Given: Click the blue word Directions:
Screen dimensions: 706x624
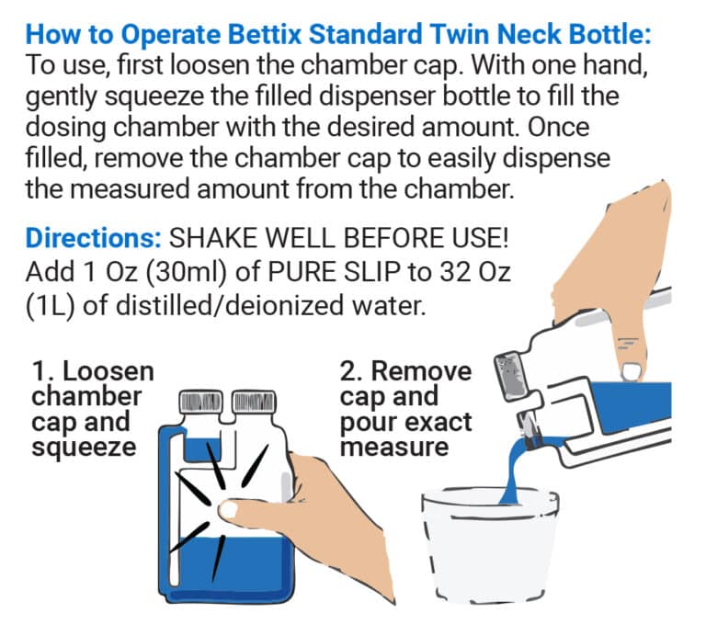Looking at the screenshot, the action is coord(93,238).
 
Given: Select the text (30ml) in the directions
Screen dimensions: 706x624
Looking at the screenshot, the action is coord(186,272).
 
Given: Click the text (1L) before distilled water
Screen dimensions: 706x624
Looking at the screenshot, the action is coord(50,306).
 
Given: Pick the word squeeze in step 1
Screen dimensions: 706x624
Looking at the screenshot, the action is coord(84,448).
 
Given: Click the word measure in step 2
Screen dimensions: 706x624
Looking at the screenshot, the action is coord(394,448).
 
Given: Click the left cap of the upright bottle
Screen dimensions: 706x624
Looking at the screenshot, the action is coord(200,402).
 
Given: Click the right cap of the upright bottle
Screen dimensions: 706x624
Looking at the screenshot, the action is coord(254,402).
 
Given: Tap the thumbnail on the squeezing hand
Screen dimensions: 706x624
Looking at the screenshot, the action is coord(227,511).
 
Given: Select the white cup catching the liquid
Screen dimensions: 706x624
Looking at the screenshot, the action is coord(490,545).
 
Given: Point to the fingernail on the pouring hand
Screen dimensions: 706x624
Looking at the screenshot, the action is coord(631,372).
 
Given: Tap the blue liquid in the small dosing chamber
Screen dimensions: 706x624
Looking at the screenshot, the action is coord(202,450).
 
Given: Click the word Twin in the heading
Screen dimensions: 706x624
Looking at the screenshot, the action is coord(460,34).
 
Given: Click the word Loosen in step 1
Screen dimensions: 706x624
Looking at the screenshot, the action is coord(108,372).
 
